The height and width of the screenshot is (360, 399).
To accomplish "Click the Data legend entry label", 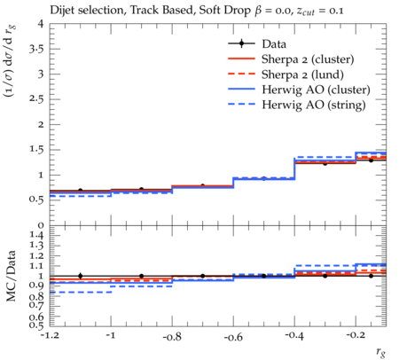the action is point(274,43).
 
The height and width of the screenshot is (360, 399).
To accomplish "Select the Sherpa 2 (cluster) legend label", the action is point(308,59).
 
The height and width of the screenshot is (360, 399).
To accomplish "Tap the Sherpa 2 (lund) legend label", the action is point(302,74).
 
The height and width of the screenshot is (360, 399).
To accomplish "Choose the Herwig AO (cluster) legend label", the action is point(316,90).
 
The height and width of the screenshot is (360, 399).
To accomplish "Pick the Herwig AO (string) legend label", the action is point(314,105).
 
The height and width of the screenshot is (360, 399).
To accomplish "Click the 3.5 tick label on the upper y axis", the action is point(36,49).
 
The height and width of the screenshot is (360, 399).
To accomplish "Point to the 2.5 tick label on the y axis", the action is point(36,98).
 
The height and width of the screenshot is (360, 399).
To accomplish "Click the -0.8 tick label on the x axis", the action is point(172,336).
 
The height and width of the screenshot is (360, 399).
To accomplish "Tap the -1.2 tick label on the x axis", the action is point(51,336).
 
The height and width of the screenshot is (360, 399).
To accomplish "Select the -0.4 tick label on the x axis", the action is point(294,336).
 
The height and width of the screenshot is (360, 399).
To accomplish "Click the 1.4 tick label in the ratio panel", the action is point(36,236).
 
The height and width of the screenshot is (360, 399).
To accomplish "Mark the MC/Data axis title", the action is point(11,276).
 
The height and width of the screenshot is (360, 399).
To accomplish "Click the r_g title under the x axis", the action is point(380,352).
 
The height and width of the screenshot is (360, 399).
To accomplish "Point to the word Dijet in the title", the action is point(60,11).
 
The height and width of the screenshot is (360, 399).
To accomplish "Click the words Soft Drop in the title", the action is point(224,11).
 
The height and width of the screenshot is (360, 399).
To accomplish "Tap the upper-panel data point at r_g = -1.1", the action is point(80,191).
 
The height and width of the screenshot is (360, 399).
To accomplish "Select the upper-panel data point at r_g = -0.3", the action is point(325,163).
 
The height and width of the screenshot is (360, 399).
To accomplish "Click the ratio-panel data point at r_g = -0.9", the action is point(141,276).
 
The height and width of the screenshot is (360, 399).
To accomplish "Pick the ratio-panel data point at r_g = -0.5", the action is point(264,276).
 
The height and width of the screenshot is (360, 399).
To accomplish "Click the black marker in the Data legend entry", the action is point(241,43).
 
